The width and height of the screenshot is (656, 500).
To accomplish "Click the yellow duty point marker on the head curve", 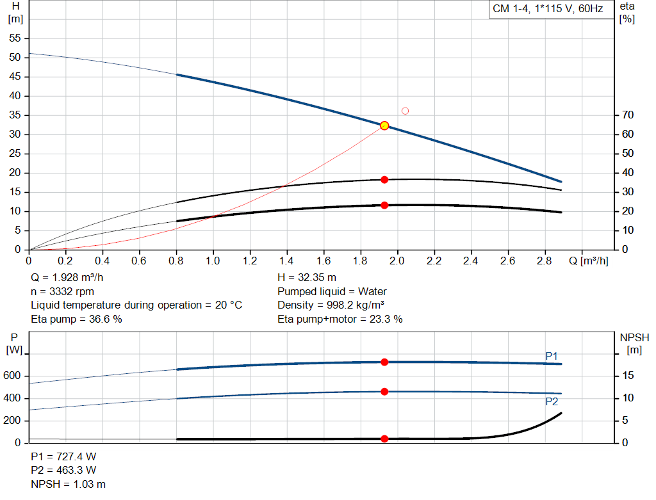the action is (384, 125).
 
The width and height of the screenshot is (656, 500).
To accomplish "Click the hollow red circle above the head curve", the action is (405, 111).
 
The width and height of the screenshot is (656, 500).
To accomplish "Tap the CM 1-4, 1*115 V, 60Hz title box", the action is (548, 9).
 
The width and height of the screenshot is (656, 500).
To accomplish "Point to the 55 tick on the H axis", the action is (15, 38).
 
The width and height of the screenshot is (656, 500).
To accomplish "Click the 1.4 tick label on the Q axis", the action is (286, 261).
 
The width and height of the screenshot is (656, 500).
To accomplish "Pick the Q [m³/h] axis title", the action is (589, 261).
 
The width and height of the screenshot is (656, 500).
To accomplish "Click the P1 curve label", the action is (552, 356).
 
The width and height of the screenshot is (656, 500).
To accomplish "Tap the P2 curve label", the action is (552, 401).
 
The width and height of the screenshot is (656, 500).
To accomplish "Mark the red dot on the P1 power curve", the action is (384, 362).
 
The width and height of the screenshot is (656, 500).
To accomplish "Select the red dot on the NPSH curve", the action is (384, 439).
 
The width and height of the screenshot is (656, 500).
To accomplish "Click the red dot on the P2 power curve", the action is (384, 392).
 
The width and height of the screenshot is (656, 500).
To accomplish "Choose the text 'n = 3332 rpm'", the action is (62, 291).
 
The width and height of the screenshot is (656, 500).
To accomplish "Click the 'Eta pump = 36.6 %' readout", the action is (77, 319).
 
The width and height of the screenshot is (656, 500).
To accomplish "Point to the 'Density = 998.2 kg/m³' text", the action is (331, 305).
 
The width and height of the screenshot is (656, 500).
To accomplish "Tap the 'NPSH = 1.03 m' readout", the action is (68, 484).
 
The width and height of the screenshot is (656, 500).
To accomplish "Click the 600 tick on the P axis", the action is (12, 375).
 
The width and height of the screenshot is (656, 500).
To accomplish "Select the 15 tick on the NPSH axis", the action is (628, 375).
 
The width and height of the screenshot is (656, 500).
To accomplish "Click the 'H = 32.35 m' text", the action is (307, 278).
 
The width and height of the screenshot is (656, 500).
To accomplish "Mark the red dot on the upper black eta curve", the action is (384, 180).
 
